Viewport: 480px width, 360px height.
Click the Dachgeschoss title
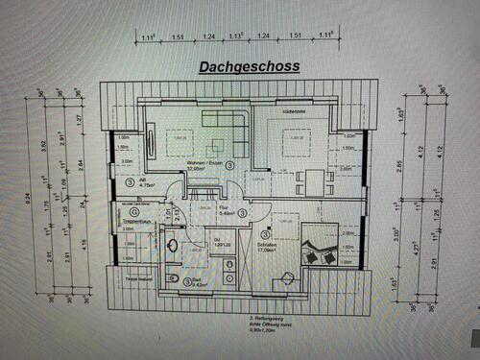249,67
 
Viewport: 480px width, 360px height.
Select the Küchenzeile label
293,112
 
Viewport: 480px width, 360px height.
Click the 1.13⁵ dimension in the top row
233,37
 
